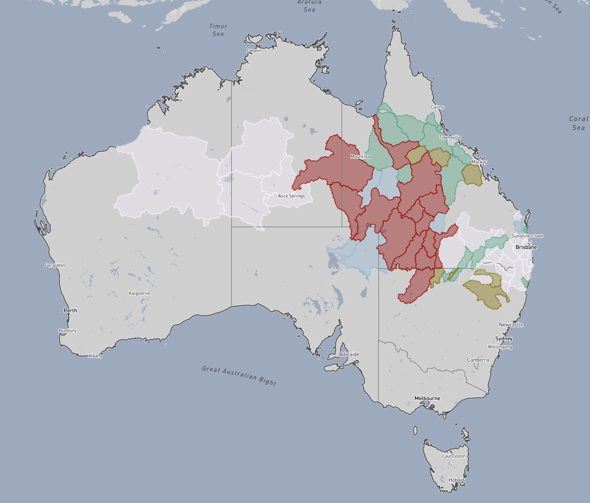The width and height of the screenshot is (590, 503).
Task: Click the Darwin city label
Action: click(254, 51)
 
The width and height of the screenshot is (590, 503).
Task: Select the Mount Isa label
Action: click(360, 156)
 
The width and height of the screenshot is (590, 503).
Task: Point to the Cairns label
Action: click(437, 107)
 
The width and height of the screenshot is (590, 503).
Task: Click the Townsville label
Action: click(450, 137)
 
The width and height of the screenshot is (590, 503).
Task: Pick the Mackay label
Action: click(479, 162)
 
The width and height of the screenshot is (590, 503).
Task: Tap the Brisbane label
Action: click(526, 247)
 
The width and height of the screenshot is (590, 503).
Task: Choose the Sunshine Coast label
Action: click(527, 236)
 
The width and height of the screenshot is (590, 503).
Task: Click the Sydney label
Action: click(504, 338)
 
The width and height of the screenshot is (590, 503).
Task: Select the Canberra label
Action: click(478, 360)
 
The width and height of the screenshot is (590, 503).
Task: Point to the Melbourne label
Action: click(427, 398)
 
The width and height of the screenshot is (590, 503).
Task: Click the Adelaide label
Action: click(349, 354)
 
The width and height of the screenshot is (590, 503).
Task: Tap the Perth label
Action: click(70, 310)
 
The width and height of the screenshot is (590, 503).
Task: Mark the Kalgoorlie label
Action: click(139, 293)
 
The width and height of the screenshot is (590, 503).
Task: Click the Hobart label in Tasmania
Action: click(456, 480)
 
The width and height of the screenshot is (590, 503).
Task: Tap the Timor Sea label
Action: click(218, 30)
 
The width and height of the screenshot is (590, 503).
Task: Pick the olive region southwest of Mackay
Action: click(472, 175)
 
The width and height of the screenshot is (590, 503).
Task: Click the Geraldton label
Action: click(55, 265)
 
